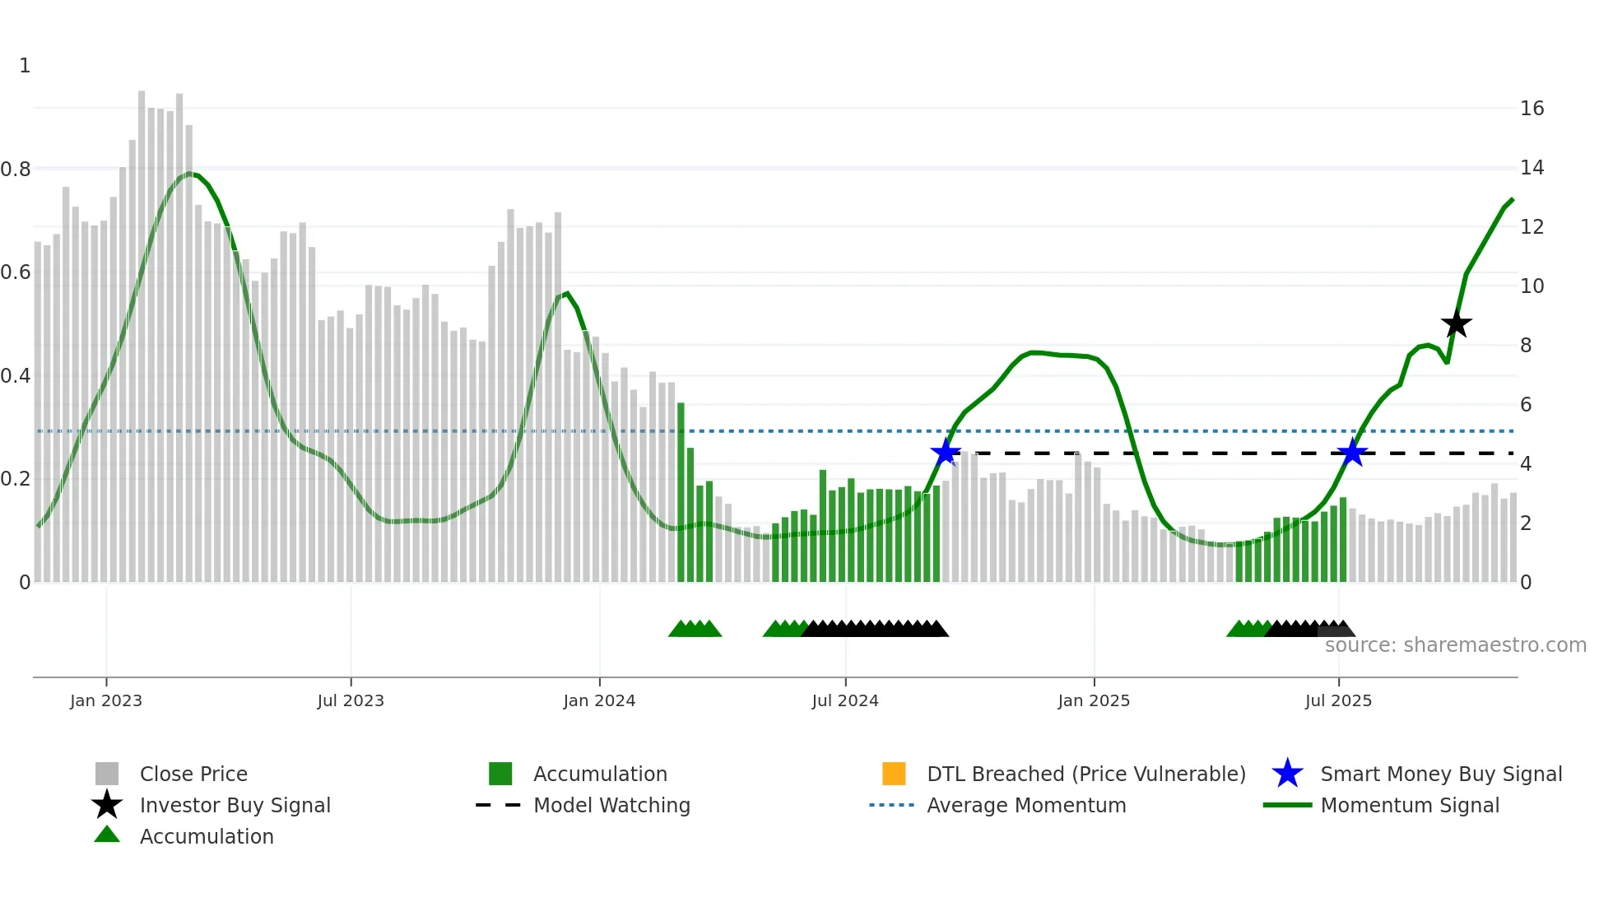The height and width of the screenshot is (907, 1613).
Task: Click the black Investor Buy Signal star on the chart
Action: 1456,323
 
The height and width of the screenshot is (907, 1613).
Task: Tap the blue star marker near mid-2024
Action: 946,453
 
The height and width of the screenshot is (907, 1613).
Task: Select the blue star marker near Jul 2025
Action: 1352,453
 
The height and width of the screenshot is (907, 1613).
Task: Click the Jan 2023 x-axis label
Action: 106,700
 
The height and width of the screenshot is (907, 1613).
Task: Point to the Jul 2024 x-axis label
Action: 845,700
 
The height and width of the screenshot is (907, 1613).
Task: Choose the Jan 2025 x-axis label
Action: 1094,700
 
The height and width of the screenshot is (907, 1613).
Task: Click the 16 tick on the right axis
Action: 1532,109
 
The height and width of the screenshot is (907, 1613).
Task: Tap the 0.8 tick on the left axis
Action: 16,170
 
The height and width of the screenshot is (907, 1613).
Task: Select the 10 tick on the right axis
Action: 1532,286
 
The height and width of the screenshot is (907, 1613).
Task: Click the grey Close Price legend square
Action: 107,774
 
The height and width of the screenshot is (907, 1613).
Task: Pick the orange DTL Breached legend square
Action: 894,774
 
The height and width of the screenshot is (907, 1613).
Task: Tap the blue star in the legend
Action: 1287,774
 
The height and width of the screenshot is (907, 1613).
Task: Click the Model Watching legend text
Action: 611,805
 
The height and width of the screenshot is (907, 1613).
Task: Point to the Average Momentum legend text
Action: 1026,805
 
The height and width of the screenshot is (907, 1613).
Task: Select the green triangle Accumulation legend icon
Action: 107,835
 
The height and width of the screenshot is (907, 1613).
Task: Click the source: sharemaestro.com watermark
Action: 1455,645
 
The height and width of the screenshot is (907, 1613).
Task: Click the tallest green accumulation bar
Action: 681,494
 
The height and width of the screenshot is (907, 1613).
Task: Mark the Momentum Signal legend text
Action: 1410,805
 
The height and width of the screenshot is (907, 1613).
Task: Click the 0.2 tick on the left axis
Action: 16,479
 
